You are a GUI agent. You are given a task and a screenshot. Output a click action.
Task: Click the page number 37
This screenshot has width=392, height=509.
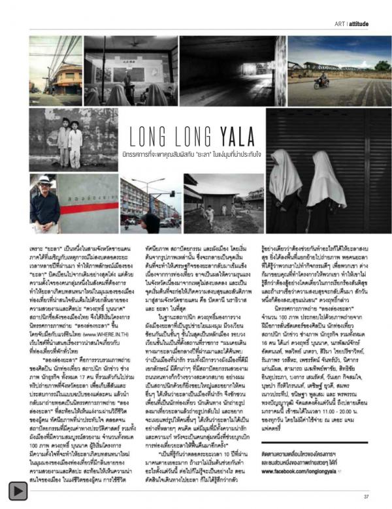point(367,495)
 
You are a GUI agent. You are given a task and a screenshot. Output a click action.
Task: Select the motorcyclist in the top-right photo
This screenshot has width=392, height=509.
point(321,81)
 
